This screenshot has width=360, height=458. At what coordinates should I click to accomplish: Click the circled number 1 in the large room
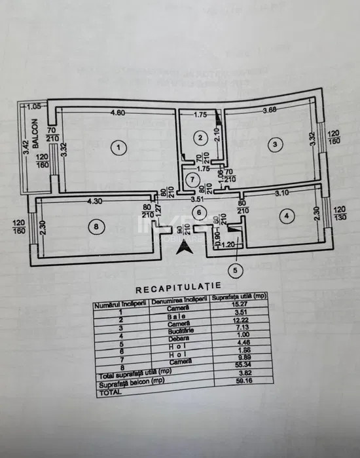tap(118, 147)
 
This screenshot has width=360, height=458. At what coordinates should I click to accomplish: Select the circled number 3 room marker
tap(276, 143)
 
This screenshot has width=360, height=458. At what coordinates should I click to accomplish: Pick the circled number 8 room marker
tap(97, 226)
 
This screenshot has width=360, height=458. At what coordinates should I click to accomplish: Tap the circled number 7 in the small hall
tap(191, 180)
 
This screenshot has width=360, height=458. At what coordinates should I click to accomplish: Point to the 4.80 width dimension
tap(117, 112)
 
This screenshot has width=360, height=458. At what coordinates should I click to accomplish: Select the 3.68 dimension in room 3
tap(270, 109)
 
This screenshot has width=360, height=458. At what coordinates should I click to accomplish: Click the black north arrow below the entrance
tap(187, 246)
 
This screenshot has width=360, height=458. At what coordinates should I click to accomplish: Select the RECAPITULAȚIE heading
tap(178, 288)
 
